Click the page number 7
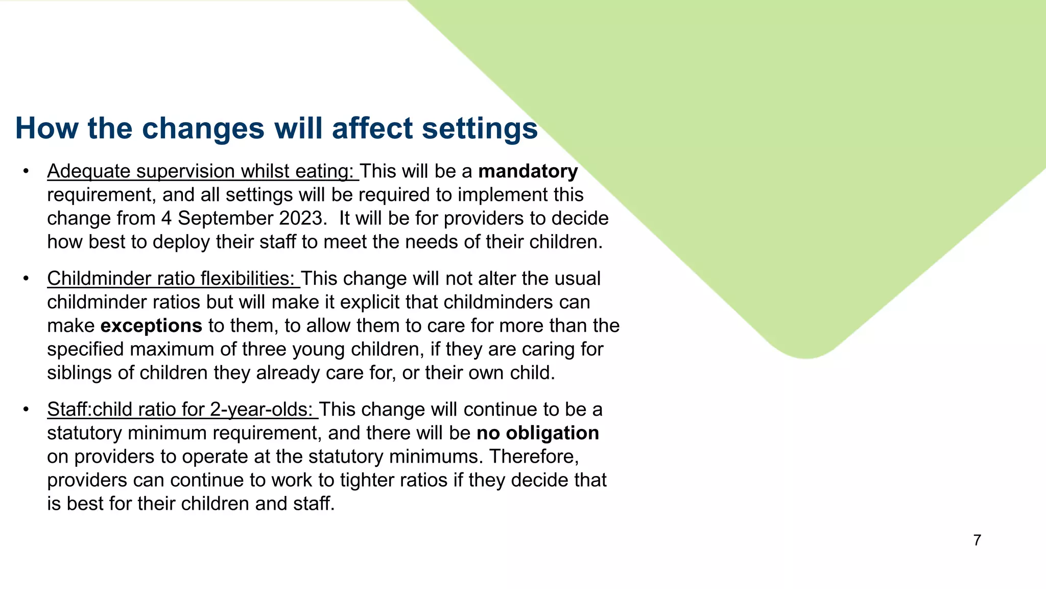[977, 540]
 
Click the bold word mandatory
[528, 171]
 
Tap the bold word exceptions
[151, 326]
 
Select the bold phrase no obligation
[537, 433]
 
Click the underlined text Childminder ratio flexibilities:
[171, 279]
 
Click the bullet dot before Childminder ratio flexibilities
[26, 279]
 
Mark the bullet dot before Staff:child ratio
[26, 410]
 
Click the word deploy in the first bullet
[181, 242]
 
